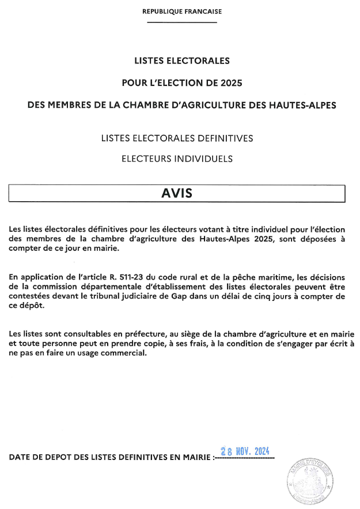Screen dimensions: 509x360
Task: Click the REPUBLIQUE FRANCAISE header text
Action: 181,11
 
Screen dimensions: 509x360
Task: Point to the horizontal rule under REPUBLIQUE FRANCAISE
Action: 181,22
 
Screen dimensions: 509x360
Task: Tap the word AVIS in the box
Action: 176,193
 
